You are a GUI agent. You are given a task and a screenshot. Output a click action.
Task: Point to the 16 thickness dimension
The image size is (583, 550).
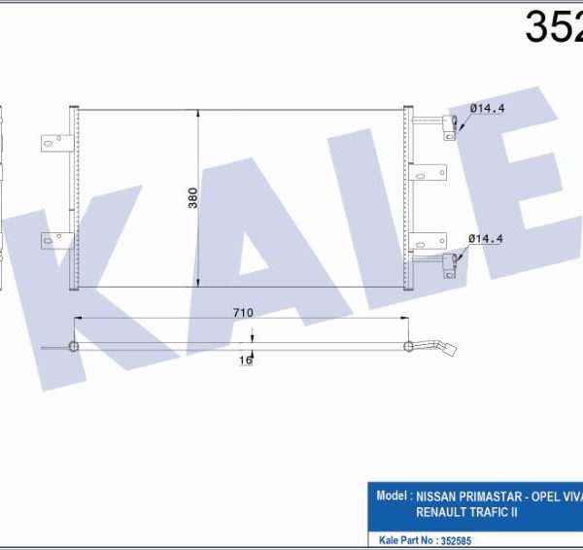click(x=246, y=360)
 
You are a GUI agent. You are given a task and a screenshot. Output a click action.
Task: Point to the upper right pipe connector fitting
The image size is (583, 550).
click(x=451, y=124)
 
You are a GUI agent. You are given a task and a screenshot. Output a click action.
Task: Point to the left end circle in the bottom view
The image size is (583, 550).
click(x=72, y=347)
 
